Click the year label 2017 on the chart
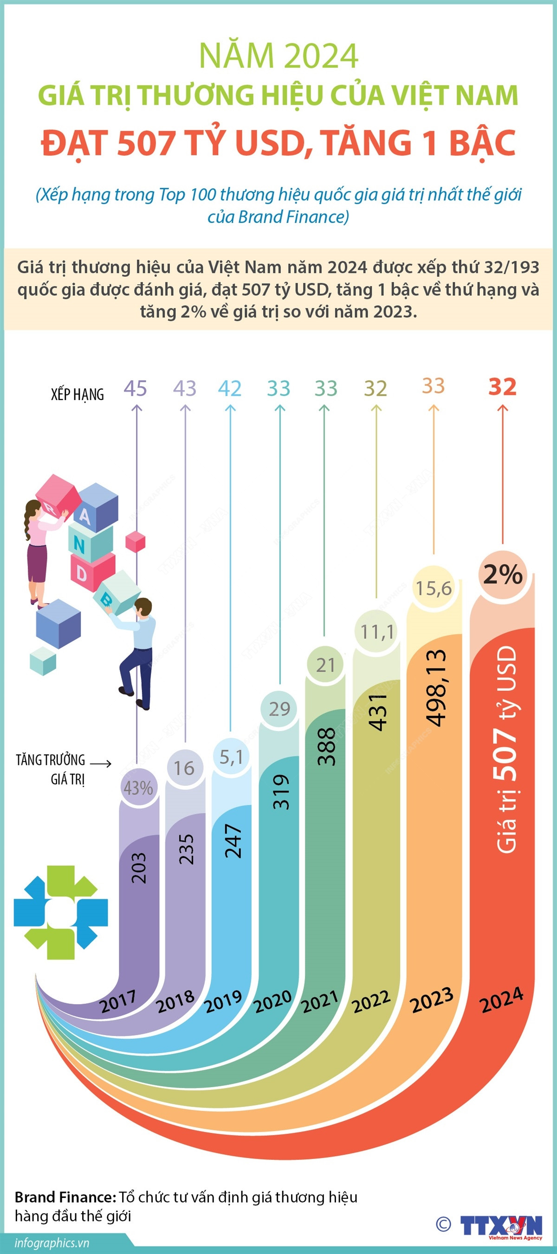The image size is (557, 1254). click(118, 1001)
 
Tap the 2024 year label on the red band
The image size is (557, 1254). click(501, 999)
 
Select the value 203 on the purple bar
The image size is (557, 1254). click(138, 867)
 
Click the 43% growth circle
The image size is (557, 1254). click(138, 788)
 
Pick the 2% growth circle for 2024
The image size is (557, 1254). click(503, 574)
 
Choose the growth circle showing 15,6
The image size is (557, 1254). click(433, 587)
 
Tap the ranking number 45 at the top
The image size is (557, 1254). click(136, 388)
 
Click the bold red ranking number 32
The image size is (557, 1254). click(502, 387)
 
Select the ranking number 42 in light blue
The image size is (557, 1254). click(229, 388)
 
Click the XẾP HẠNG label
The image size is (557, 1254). click(78, 394)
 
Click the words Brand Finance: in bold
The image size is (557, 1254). click(65, 1197)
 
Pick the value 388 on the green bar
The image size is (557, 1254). click(326, 746)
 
